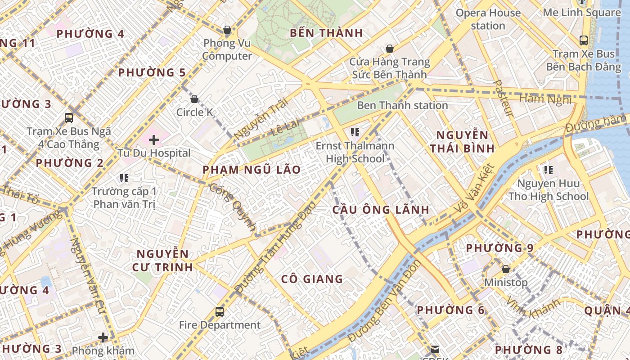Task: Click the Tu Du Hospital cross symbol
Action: click(154, 140)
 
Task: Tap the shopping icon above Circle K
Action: click(194, 99)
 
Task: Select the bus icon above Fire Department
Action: click(220, 311)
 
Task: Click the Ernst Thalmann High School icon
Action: click(355, 132)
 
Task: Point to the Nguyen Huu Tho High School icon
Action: click(548, 170)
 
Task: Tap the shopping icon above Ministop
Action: click(506, 269)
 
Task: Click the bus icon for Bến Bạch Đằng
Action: click(584, 40)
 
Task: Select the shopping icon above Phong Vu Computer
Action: click(227, 30)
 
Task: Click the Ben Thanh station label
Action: click(402, 105)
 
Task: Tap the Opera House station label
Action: click(488, 19)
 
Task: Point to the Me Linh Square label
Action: click(581, 13)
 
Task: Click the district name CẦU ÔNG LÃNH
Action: click(381, 210)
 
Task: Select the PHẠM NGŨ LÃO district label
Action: click(251, 170)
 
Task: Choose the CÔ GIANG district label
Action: click(312, 279)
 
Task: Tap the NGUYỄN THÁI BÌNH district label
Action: click(462, 141)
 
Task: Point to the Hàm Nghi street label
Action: click(545, 99)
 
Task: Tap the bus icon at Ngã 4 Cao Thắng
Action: click(69, 118)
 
